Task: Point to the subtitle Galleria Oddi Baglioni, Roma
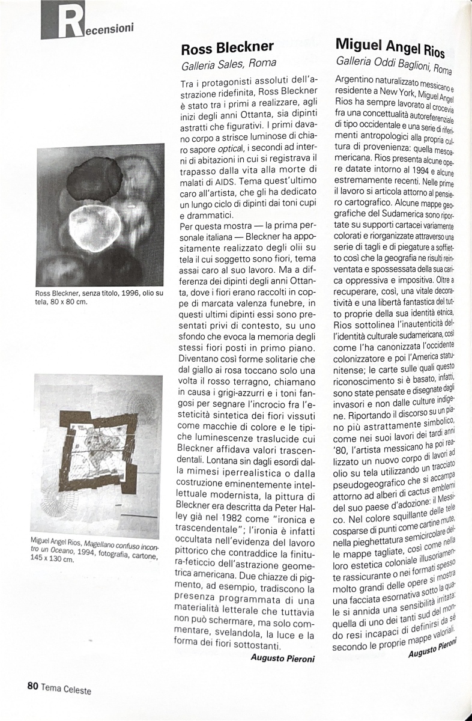(395, 64)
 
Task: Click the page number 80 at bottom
(32, 686)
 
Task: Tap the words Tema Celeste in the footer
(66, 689)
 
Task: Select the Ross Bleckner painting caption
(96, 297)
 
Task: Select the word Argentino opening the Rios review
(357, 80)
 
